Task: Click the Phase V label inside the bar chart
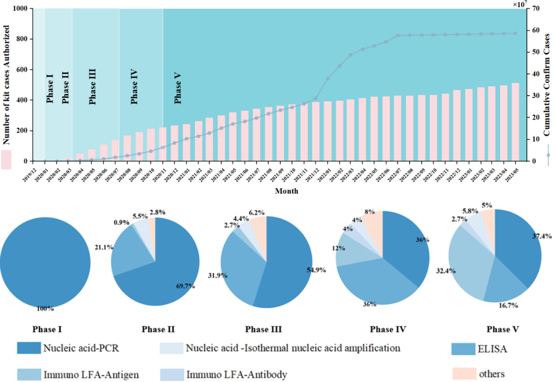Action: coord(177,88)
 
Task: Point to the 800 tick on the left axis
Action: coord(22,39)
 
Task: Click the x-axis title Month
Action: coord(286,191)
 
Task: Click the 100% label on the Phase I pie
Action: coord(45,307)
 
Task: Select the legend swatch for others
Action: coord(463,373)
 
